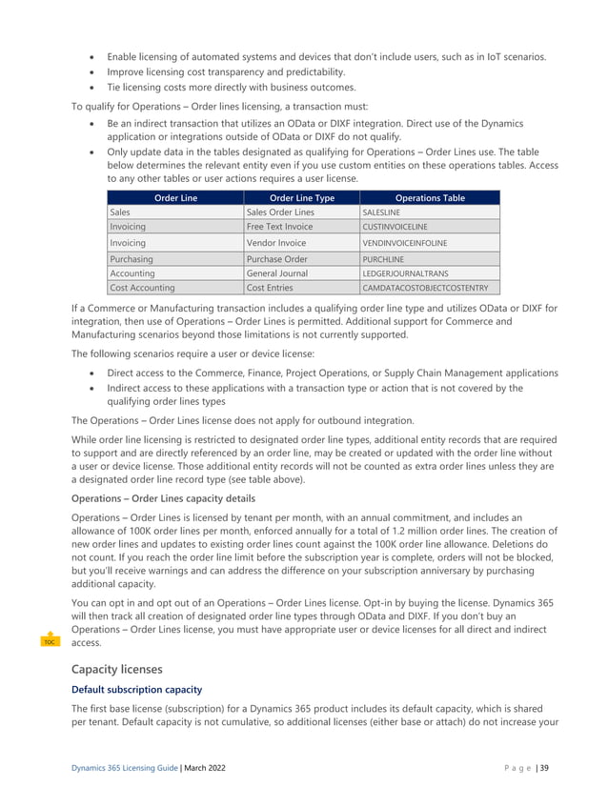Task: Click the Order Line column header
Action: coord(174,198)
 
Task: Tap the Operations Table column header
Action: coord(429,198)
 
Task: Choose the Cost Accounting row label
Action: coord(142,288)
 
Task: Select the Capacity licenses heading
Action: coord(117,669)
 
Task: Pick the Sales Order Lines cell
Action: coord(280,212)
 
